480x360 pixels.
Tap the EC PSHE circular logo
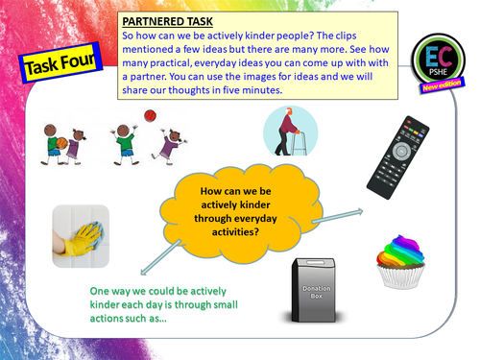click(x=441, y=59)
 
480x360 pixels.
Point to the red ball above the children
click(x=149, y=116)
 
